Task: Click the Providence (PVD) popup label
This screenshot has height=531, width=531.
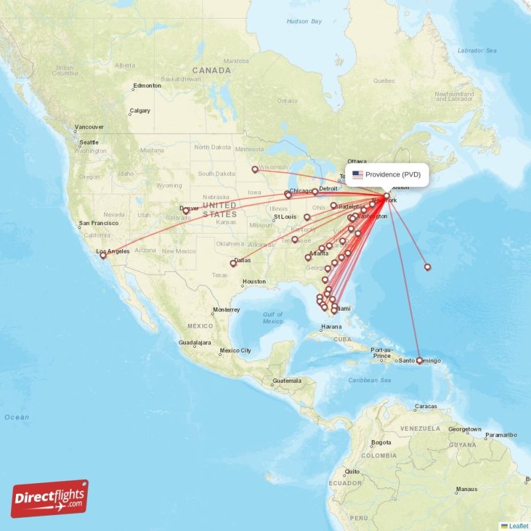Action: coord(392,175)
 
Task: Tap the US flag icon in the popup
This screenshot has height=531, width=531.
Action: coord(358,175)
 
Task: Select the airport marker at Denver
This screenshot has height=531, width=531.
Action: coord(186,211)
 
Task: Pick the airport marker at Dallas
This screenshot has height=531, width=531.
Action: coord(233,264)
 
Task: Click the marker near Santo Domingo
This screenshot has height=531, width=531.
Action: coord(419,360)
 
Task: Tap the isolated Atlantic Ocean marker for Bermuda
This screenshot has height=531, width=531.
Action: coord(427,267)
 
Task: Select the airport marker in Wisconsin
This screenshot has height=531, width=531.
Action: coord(255,169)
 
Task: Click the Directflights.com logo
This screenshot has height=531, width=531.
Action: coord(50,498)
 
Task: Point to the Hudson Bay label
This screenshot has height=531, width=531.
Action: coord(304,21)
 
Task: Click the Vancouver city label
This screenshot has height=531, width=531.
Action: coord(89,127)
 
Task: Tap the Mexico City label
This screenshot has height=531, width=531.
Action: coord(236,350)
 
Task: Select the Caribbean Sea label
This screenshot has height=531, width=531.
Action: coord(372,380)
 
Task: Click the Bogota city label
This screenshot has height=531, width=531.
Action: coord(381,442)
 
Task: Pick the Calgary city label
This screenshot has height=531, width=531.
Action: coord(139,111)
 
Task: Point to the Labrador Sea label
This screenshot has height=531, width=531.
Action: coord(477,50)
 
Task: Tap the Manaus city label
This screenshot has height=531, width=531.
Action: coord(466,489)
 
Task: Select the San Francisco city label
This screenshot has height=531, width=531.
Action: coord(100,223)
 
